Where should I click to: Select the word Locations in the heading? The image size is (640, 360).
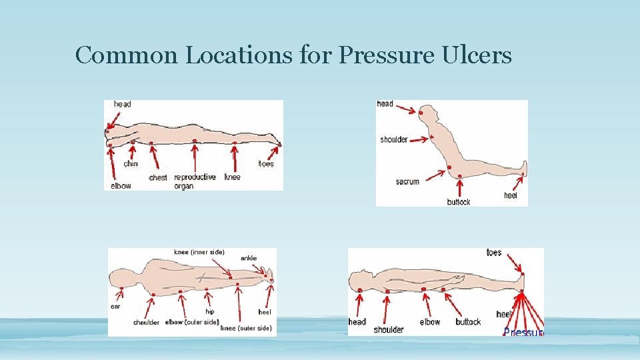239,55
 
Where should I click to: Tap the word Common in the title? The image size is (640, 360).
127,55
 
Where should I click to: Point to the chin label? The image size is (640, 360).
131,164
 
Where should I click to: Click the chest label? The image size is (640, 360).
158,177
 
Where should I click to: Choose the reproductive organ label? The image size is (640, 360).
194,181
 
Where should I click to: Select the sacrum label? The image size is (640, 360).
407,181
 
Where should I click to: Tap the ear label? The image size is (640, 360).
115,307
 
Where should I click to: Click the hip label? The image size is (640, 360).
209,311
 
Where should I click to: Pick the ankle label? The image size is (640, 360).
249,258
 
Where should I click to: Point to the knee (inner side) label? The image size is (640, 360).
199,252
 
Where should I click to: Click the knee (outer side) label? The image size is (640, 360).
246,328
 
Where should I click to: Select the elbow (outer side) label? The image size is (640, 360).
191,323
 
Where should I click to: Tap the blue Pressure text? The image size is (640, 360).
523,332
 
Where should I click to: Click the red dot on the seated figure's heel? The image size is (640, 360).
523,175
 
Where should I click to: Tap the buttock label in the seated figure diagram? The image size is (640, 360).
459,201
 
